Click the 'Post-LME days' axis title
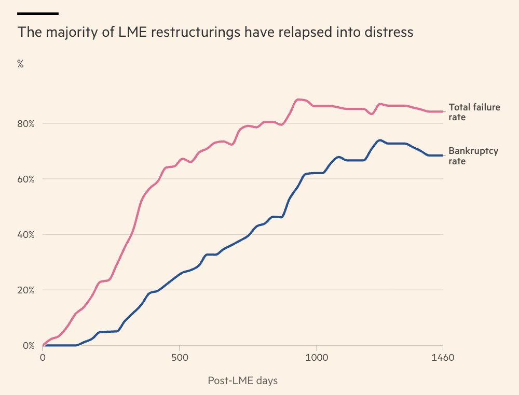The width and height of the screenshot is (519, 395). pyautogui.click(x=242, y=381)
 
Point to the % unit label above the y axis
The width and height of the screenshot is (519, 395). pyautogui.click(x=21, y=64)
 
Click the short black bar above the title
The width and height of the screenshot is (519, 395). pyautogui.click(x=38, y=13)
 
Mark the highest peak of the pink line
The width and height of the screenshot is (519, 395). pyautogui.click(x=299, y=99)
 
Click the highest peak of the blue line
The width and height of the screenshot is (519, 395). pyautogui.click(x=380, y=140)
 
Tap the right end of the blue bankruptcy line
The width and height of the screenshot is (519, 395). pyautogui.click(x=443, y=156)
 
